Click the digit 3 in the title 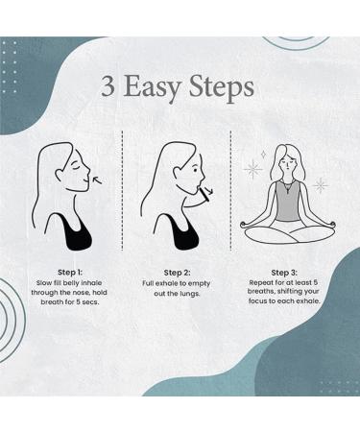tap(108, 86)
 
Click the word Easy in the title tap(152, 88)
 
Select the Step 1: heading tap(70, 273)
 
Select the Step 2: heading tap(177, 273)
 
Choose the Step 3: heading tap(284, 273)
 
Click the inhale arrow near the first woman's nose tap(97, 181)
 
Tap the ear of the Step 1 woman tap(60, 174)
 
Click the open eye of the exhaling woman tap(195, 169)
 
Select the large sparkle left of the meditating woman tap(252, 169)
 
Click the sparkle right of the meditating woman tap(320, 185)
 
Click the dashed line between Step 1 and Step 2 tap(123, 190)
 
